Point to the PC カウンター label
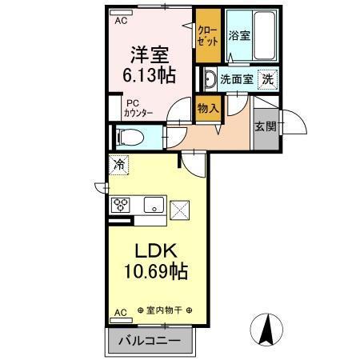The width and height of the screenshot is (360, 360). point(133,107)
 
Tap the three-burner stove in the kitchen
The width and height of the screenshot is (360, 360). point(121,204)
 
